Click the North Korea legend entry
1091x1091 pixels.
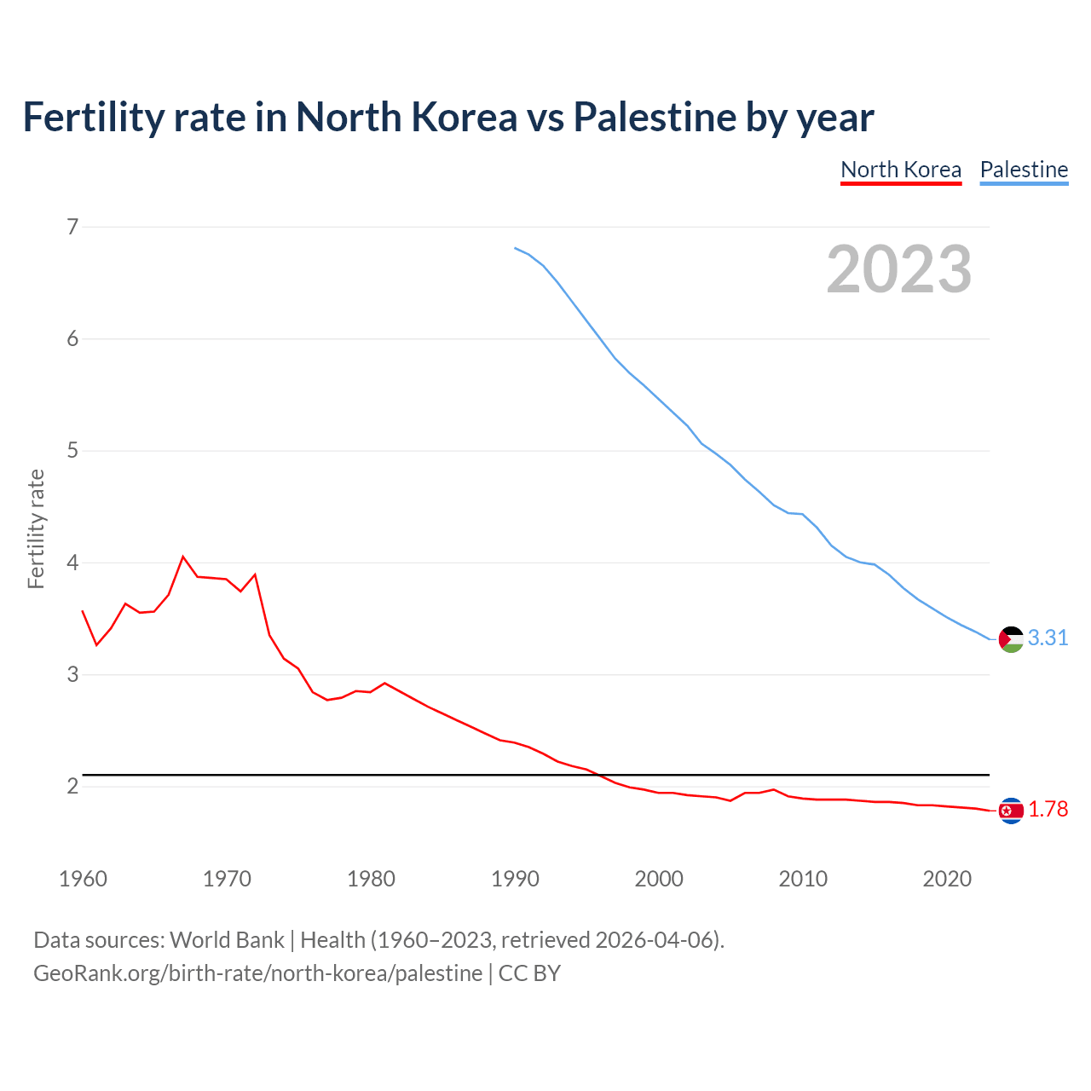901,170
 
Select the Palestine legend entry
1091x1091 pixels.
1024,170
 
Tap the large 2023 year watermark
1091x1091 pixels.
899,269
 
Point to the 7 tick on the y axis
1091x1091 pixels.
72,227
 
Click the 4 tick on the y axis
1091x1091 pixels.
72,563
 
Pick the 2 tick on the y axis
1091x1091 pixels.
72,786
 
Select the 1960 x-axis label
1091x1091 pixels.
83,879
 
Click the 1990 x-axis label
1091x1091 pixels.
515,879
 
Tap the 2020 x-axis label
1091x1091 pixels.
947,879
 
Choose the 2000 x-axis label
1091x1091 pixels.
659,879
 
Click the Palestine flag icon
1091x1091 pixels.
1011,638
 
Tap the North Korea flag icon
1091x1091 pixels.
1011,811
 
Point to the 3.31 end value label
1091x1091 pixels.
1048,638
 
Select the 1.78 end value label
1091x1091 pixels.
1048,810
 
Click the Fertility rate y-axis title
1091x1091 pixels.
36,528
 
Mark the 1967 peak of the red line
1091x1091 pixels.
183,557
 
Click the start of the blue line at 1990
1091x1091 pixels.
515,248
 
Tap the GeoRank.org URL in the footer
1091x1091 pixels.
257,973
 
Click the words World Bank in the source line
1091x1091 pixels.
227,940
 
